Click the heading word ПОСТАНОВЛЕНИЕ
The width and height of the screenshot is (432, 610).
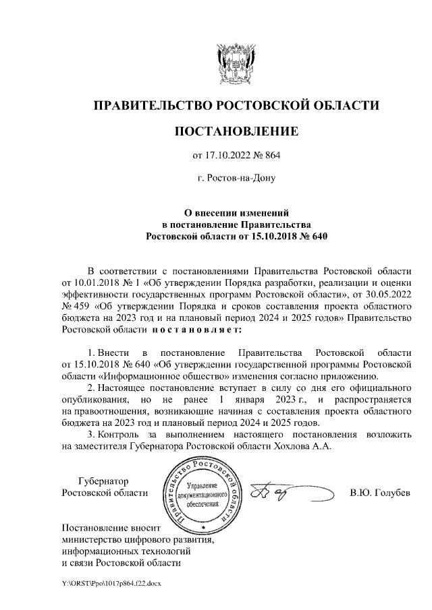tap(236, 130)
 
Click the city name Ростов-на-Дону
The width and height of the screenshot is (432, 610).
tap(236, 179)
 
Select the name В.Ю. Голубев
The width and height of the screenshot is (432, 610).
tap(379, 493)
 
